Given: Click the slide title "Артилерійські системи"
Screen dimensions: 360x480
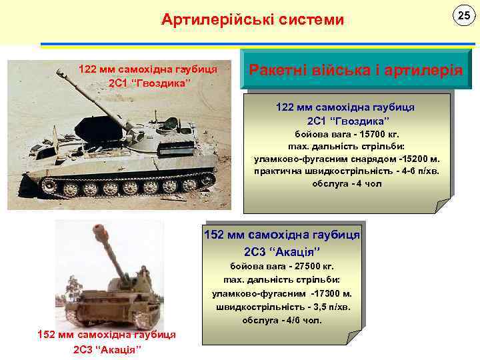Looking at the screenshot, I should coord(253,20).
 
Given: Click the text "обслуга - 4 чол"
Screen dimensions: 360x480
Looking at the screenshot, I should coord(347,183).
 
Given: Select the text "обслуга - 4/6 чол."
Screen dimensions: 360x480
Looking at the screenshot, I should coord(282,320).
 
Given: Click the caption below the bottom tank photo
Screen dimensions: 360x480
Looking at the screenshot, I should coord(107,342).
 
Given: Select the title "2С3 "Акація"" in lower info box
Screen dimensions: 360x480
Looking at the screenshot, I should coord(282,251).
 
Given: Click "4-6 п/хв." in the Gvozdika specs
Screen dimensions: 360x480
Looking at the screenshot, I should coord(412,171).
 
